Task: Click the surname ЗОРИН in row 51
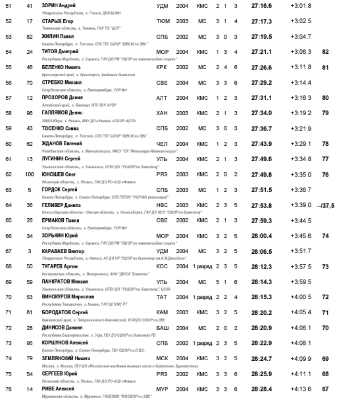point(50,5)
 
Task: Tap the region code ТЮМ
point(162,21)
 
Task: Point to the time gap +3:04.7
point(301,36)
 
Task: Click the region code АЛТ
point(162,97)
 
